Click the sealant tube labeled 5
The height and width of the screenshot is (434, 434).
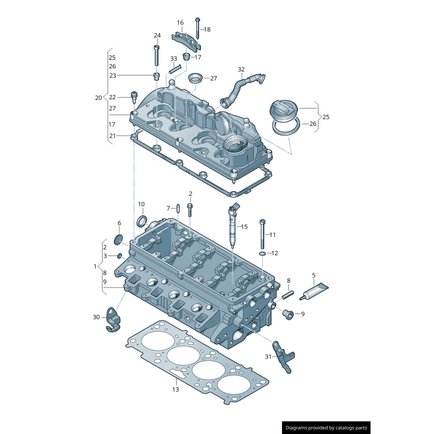(316, 291)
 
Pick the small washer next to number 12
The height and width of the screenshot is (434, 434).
(263, 253)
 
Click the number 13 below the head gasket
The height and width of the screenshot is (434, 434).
(175, 389)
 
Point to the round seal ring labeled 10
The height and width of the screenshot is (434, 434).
(143, 221)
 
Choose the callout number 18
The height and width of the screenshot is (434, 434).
(207, 29)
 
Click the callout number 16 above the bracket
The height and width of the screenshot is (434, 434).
(180, 23)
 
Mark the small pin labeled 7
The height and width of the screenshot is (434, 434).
(178, 208)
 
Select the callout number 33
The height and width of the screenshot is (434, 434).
(174, 59)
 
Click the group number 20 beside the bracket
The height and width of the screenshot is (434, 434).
(98, 98)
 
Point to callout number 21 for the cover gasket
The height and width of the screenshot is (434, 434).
(112, 136)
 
